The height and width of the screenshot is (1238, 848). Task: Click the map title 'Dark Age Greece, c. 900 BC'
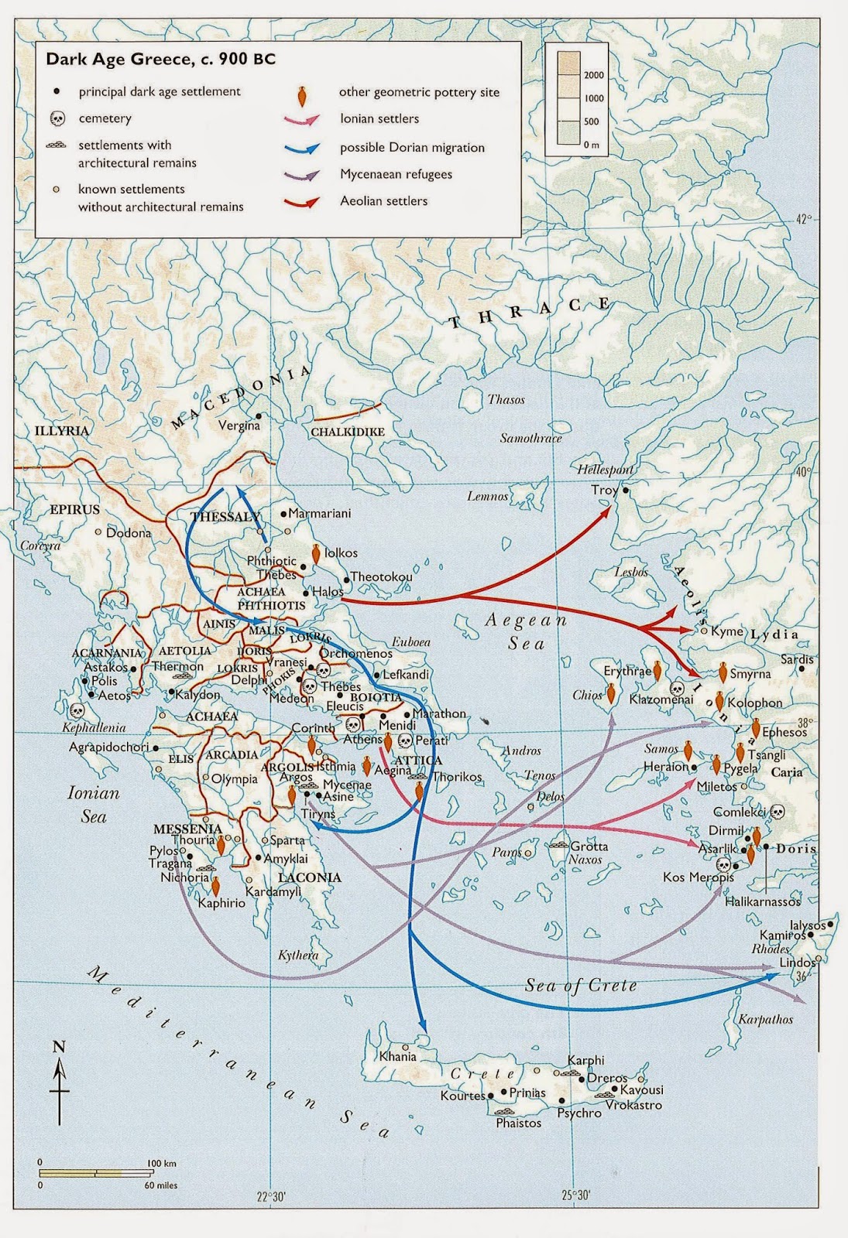point(160,60)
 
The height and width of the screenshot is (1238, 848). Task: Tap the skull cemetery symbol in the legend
point(57,118)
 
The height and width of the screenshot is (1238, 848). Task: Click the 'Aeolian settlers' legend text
point(383,201)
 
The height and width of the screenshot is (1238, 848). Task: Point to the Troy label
point(604,490)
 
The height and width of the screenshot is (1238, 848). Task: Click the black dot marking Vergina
point(259,416)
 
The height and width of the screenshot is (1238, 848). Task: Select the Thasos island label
point(506,400)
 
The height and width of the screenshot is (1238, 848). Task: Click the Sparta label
point(287,840)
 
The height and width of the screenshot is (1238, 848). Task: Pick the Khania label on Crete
point(398,1056)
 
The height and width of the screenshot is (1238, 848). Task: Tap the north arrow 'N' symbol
point(59,1048)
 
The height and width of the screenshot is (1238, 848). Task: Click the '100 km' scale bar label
point(161,1164)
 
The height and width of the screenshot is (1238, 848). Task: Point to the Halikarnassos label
point(763,901)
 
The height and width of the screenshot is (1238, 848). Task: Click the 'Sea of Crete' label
point(581,985)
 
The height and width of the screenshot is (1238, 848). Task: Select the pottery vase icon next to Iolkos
point(315,553)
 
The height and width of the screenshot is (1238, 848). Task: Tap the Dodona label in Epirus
point(129,532)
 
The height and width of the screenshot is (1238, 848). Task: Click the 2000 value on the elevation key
point(594,75)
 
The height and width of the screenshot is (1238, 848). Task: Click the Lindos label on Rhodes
point(798,963)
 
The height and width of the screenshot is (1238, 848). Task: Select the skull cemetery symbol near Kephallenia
point(77,710)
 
